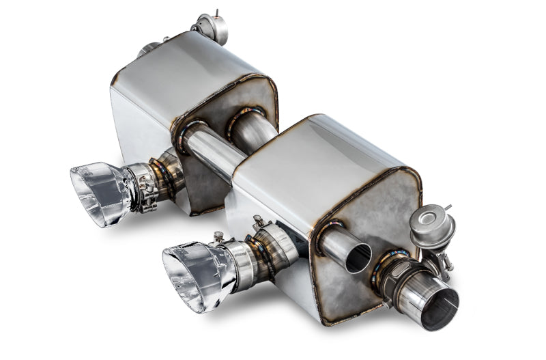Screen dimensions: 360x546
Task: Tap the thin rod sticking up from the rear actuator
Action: tap(216, 12)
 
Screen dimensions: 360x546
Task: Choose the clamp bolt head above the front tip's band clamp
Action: tap(257, 221)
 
